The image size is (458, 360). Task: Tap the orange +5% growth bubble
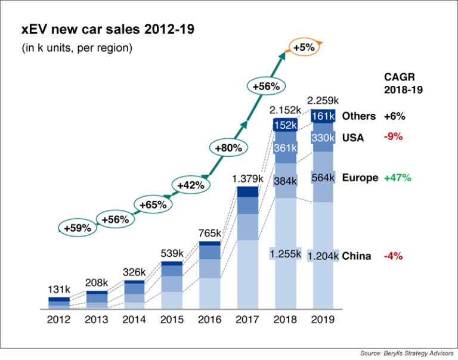coord(304,46)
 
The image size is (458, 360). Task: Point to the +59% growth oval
coord(77,227)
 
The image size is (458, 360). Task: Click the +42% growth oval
coord(191,185)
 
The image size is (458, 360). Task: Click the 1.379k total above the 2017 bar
coord(247,178)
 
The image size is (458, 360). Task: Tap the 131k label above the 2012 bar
coord(59,289)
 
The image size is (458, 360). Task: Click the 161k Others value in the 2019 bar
coord(323,116)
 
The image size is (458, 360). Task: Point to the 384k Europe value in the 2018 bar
coord(285,180)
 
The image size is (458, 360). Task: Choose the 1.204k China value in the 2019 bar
coord(323,256)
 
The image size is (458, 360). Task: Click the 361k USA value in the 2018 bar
coord(285,148)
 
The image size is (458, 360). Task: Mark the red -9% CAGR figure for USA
coord(393,136)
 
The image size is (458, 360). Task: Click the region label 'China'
coord(357,256)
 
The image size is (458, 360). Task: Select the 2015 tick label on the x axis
coord(172,319)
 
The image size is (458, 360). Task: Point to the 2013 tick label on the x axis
coord(97,319)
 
